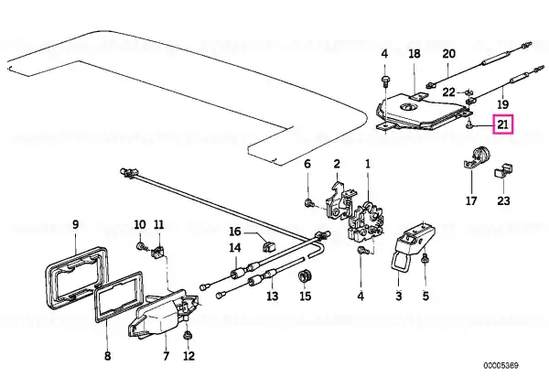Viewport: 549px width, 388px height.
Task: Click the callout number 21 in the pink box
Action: pyautogui.click(x=502, y=124)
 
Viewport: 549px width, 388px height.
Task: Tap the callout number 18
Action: pyautogui.click(x=414, y=54)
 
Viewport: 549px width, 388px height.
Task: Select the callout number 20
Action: pyautogui.click(x=449, y=54)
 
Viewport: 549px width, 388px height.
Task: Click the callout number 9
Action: pyautogui.click(x=76, y=224)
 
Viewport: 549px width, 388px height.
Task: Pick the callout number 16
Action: pyautogui.click(x=235, y=232)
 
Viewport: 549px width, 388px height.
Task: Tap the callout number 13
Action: pyautogui.click(x=272, y=296)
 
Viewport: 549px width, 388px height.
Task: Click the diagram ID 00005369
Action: pyautogui.click(x=501, y=366)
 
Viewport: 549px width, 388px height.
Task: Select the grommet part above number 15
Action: pyautogui.click(x=306, y=275)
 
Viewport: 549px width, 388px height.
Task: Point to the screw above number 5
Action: pyautogui.click(x=425, y=259)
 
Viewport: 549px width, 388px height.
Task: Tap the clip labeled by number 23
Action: pyautogui.click(x=503, y=171)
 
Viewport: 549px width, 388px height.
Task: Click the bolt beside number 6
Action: pyautogui.click(x=309, y=203)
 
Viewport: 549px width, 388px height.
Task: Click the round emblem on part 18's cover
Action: pyautogui.click(x=404, y=107)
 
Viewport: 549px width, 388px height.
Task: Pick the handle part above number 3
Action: pyautogui.click(x=414, y=247)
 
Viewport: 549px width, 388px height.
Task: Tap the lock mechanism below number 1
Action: pyautogui.click(x=366, y=222)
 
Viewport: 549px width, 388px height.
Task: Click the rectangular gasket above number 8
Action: pyautogui.click(x=116, y=296)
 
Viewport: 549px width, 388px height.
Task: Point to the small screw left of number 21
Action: pyautogui.click(x=468, y=124)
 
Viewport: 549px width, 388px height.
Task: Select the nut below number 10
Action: pyautogui.click(x=140, y=246)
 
